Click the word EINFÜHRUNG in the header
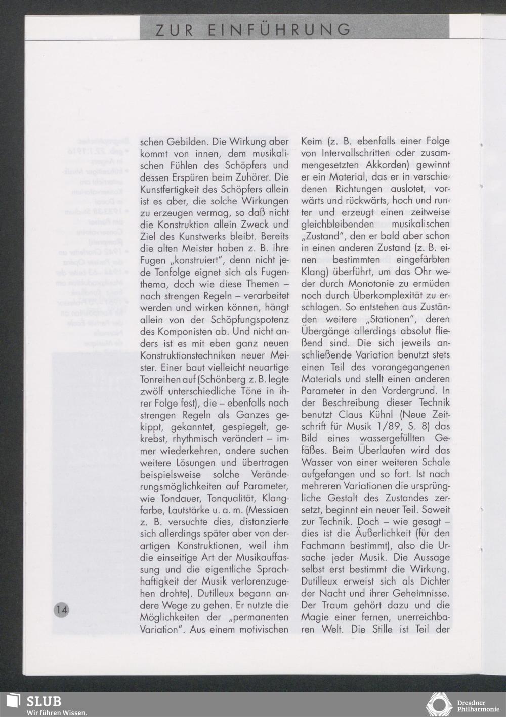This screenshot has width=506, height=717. click(280, 30)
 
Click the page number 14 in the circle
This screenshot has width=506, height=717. click(62, 609)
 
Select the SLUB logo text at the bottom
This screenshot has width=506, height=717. click(44, 702)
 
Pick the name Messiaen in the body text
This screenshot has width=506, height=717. click(270, 510)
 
